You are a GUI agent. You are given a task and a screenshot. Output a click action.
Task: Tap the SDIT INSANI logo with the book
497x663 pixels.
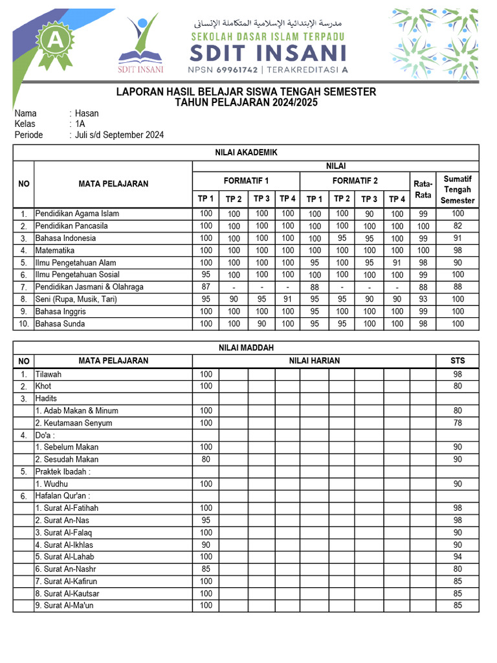[x=140, y=42]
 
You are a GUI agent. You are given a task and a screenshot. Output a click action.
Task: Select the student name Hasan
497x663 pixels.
[x=87, y=113]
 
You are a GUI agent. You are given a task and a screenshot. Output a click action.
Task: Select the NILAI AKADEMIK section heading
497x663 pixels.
[x=246, y=152]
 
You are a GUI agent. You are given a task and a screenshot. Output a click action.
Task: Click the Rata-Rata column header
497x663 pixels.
[x=423, y=189]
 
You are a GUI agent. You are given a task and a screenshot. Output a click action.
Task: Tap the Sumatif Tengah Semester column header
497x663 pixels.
[x=458, y=189]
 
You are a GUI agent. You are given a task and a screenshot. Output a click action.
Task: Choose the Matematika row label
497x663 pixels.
[x=55, y=251]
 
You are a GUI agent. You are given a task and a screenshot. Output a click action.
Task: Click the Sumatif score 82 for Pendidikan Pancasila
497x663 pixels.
[x=458, y=226]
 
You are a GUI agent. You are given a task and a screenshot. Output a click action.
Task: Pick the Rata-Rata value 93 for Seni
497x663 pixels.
[x=423, y=299]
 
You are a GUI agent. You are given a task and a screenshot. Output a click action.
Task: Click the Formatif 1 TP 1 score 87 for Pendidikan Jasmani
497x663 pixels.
[x=206, y=287]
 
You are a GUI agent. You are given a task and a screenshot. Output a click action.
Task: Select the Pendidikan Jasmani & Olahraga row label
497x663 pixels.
[x=89, y=287]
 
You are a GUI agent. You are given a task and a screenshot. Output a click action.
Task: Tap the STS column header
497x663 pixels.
[x=458, y=361]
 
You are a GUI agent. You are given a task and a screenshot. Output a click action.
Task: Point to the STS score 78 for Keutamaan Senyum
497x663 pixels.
[x=458, y=423]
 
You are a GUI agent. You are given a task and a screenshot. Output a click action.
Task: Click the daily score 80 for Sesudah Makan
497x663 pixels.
[x=206, y=460]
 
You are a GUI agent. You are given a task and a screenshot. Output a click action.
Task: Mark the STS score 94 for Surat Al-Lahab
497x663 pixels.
[x=458, y=557]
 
